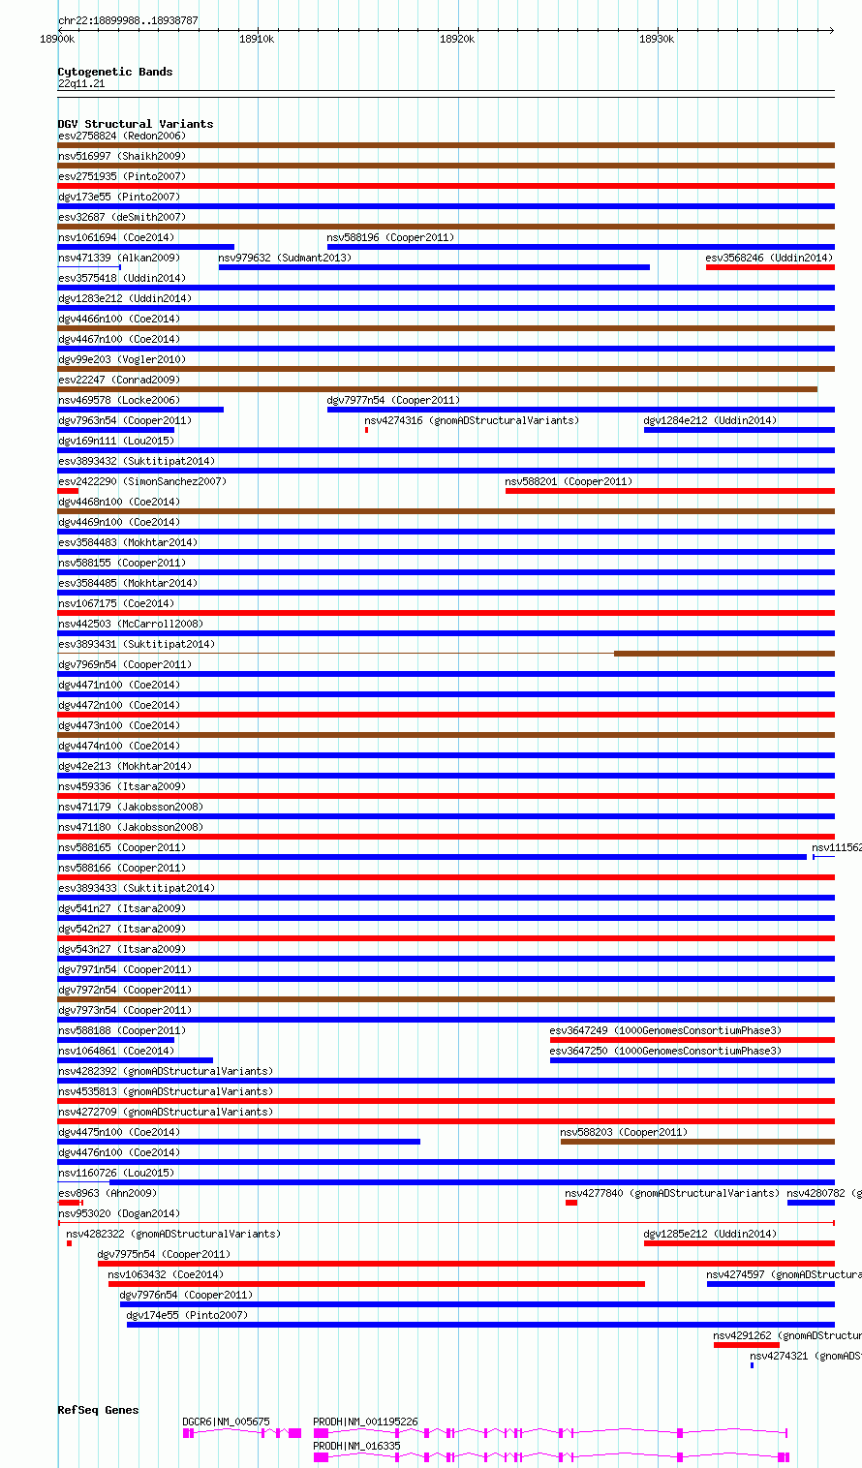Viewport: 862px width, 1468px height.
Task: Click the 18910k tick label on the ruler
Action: coord(257,39)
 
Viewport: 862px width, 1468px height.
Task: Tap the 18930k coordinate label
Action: coord(657,39)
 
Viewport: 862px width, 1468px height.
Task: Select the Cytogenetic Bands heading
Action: coord(115,72)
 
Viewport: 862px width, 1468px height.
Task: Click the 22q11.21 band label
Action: coord(81,83)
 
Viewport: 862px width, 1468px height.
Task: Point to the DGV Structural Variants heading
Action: coord(136,124)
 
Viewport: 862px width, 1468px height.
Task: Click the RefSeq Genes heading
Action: coord(98,1410)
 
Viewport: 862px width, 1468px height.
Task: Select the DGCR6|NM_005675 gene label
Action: coord(226,1422)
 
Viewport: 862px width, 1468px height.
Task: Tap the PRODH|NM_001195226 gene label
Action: coord(365,1422)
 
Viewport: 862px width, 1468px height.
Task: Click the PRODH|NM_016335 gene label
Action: coord(356,1446)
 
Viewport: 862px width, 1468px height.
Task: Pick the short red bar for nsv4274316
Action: coord(366,430)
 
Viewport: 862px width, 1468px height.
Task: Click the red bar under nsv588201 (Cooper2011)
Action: coord(669,491)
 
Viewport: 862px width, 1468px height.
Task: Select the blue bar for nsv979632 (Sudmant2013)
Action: coord(434,267)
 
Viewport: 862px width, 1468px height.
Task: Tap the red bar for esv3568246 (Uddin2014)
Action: coord(770,267)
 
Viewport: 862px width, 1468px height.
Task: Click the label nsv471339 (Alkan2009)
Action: coord(119,258)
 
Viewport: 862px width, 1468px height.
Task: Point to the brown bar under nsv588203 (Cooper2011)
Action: coord(696,1142)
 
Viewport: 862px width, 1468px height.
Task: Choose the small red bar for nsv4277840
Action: coord(571,1203)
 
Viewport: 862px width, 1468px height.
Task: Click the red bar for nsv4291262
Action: coord(746,1345)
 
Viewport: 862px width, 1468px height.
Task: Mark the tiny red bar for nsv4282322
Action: coord(69,1243)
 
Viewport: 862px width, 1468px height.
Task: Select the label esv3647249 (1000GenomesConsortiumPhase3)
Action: coord(665,1030)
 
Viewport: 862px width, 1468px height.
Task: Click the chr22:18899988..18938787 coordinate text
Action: coord(128,20)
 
